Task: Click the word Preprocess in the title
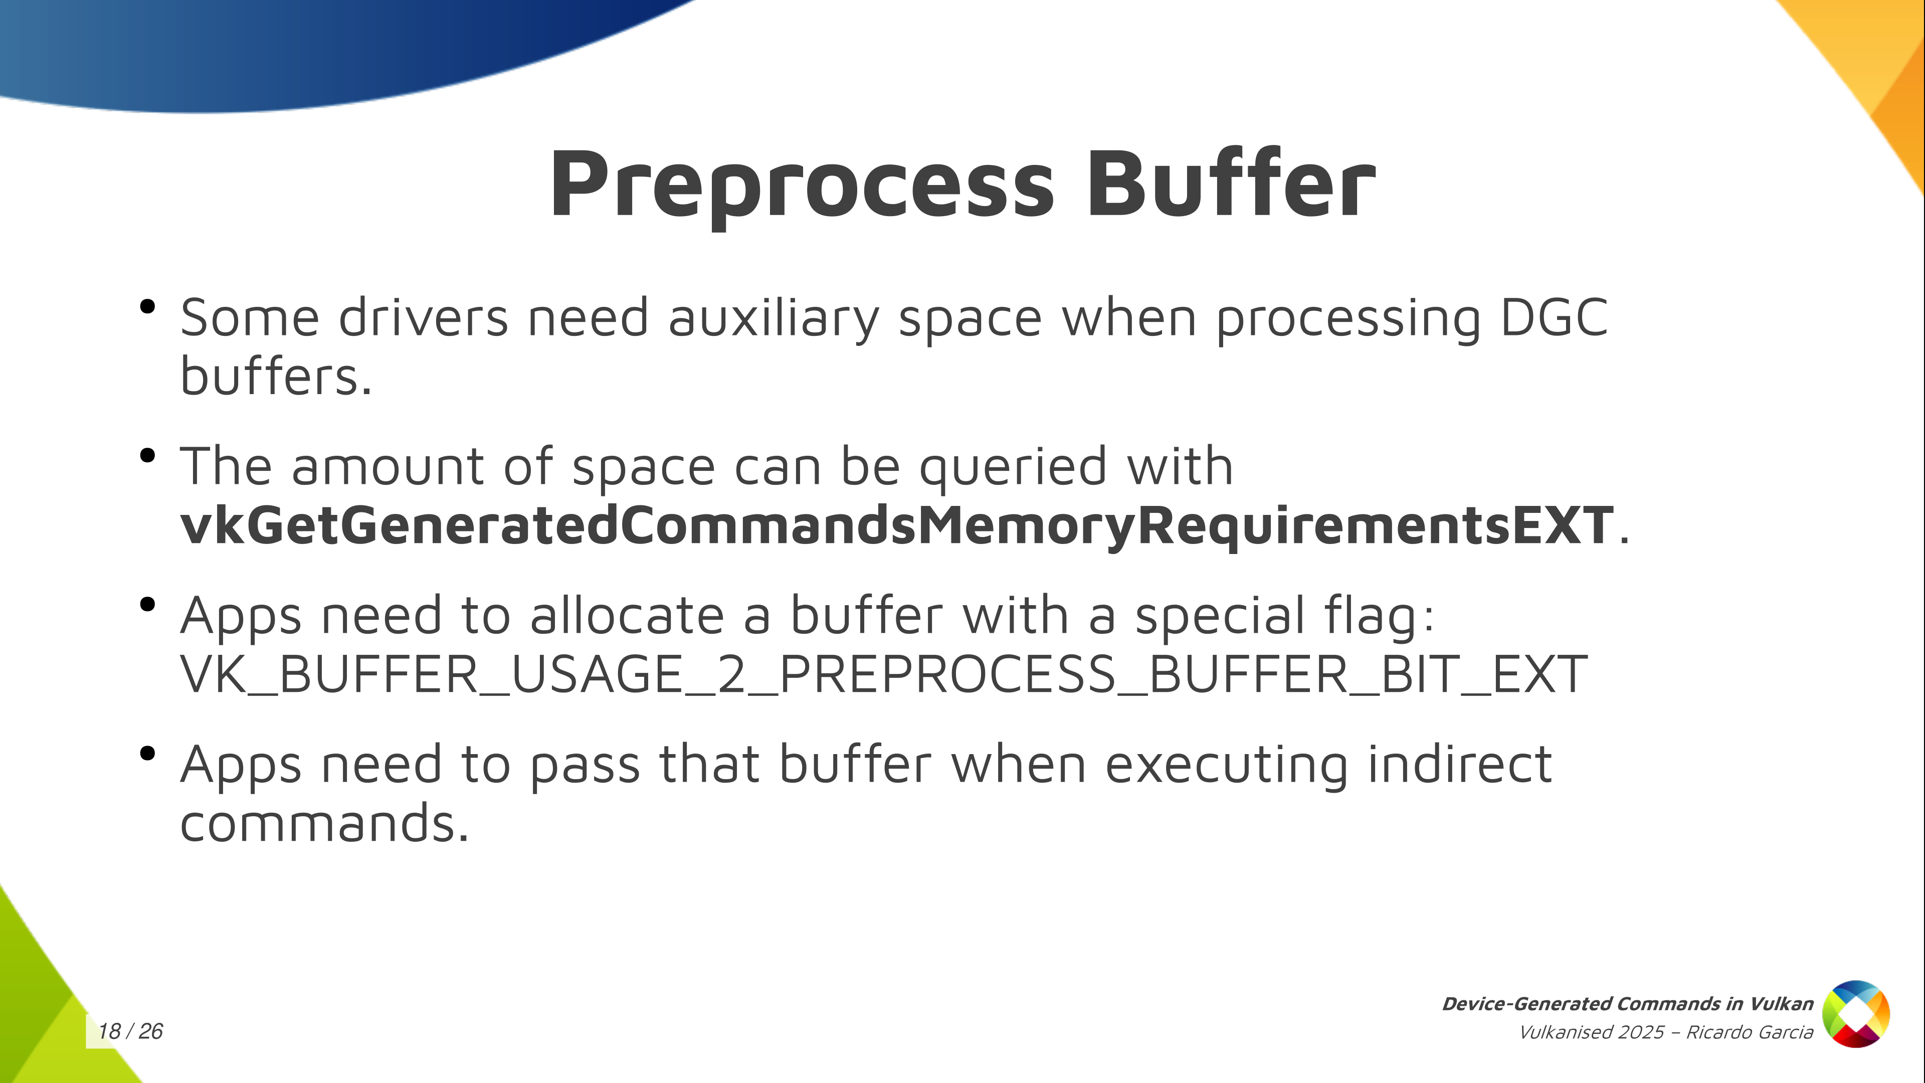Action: point(803,187)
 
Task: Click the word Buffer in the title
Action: point(1231,183)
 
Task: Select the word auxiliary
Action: point(774,319)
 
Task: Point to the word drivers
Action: point(424,318)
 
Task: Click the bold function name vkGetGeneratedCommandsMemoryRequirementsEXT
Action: point(897,525)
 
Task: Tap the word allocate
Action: point(628,615)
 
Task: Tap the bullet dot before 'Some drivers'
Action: point(147,306)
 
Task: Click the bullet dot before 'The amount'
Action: point(147,455)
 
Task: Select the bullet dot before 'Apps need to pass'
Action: point(147,754)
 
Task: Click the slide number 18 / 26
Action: point(131,1031)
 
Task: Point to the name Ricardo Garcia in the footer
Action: point(1750,1032)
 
